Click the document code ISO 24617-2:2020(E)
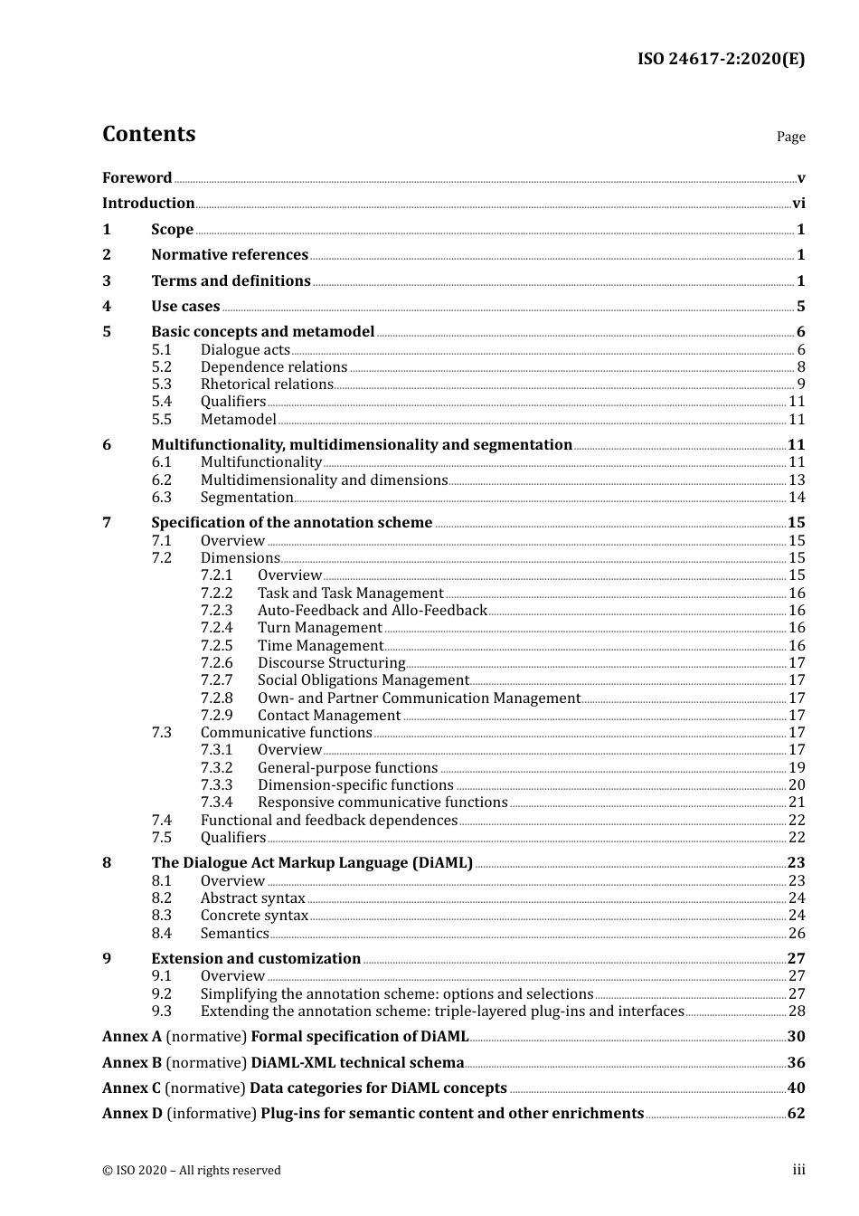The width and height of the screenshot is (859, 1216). (721, 59)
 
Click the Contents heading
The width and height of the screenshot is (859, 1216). (148, 134)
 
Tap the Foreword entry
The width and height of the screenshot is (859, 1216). (137, 177)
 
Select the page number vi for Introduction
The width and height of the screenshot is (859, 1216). (798, 204)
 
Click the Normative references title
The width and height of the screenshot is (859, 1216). (230, 255)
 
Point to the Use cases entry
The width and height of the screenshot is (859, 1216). (185, 307)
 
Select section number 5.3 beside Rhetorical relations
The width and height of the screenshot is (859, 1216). (161, 385)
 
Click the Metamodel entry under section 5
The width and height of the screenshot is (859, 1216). (238, 420)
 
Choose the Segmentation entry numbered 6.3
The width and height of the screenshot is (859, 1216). (247, 498)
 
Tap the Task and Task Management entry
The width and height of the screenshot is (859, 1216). (350, 594)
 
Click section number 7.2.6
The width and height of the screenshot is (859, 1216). (216, 663)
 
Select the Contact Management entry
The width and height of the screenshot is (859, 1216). (328, 716)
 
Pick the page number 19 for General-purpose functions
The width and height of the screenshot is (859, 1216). (797, 768)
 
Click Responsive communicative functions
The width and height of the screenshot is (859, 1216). (382, 803)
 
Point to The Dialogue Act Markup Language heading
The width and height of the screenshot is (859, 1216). (312, 863)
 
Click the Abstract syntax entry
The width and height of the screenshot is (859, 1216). (252, 898)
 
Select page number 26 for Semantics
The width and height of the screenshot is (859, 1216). (797, 934)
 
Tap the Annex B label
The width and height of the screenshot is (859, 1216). (132, 1063)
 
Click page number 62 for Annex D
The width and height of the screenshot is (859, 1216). (796, 1114)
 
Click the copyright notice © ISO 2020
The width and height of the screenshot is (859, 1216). (191, 1171)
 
